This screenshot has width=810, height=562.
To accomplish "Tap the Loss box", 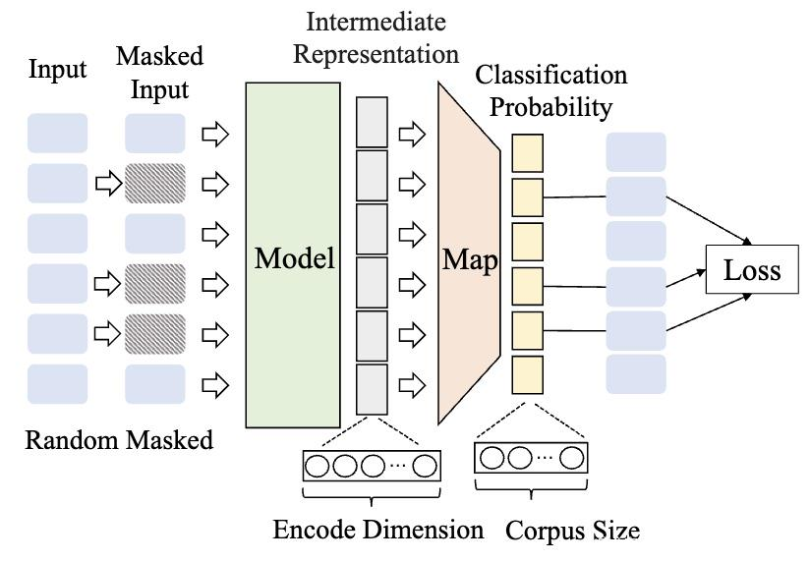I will [x=751, y=270].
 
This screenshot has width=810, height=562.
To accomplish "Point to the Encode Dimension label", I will [x=377, y=530].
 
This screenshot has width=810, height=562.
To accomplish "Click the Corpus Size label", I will [x=572, y=532].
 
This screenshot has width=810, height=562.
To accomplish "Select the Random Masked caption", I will [x=118, y=439].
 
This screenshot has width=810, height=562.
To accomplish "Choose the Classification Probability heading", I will [x=550, y=90].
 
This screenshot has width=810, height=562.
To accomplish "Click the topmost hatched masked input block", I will [x=155, y=183].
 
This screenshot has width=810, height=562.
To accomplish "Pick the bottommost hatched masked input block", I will [x=155, y=334].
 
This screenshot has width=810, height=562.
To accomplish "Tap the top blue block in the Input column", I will [x=57, y=133].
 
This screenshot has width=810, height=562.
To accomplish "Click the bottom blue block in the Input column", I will [x=57, y=384].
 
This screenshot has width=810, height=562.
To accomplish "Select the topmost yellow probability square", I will [x=528, y=152].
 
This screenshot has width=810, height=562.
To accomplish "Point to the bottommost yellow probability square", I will [x=528, y=374].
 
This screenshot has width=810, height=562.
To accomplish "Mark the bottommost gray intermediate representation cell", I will [x=372, y=389].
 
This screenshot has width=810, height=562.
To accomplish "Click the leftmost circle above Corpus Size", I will [x=492, y=458].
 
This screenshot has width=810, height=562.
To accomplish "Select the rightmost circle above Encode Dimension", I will [x=424, y=465].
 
